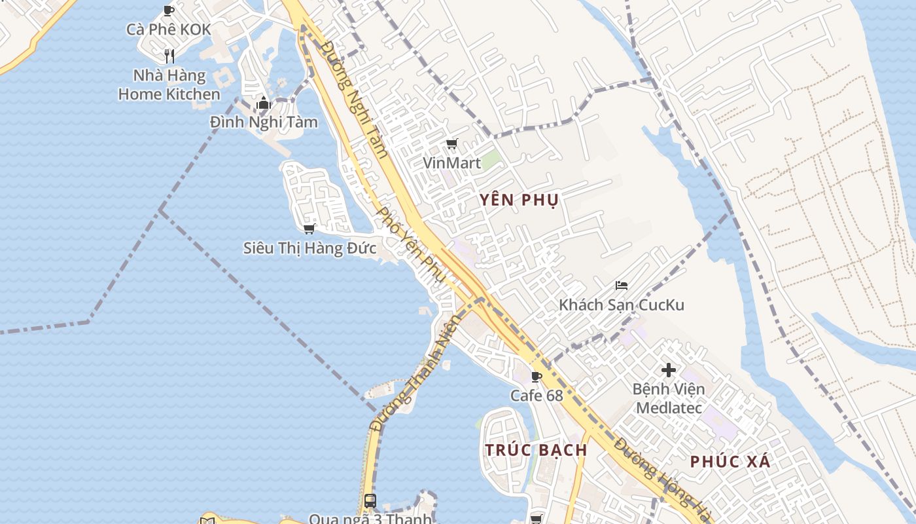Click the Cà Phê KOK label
(169, 29)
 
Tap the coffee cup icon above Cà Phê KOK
(169, 10)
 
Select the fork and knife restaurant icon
(169, 56)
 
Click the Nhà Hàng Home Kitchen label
(169, 85)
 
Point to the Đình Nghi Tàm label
(264, 122)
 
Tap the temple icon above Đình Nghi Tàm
(264, 103)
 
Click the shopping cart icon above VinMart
(451, 144)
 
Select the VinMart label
(451, 162)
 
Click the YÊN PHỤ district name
(519, 200)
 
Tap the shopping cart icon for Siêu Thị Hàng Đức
(309, 229)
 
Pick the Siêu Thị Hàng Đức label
(309, 248)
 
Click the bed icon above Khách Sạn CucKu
(622, 286)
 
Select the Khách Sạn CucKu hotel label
(622, 305)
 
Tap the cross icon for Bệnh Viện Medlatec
(668, 370)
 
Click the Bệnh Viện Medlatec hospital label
(669, 398)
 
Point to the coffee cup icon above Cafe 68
(537, 377)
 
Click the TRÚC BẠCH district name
(536, 450)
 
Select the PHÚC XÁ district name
(730, 462)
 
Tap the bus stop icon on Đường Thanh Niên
(370, 501)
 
